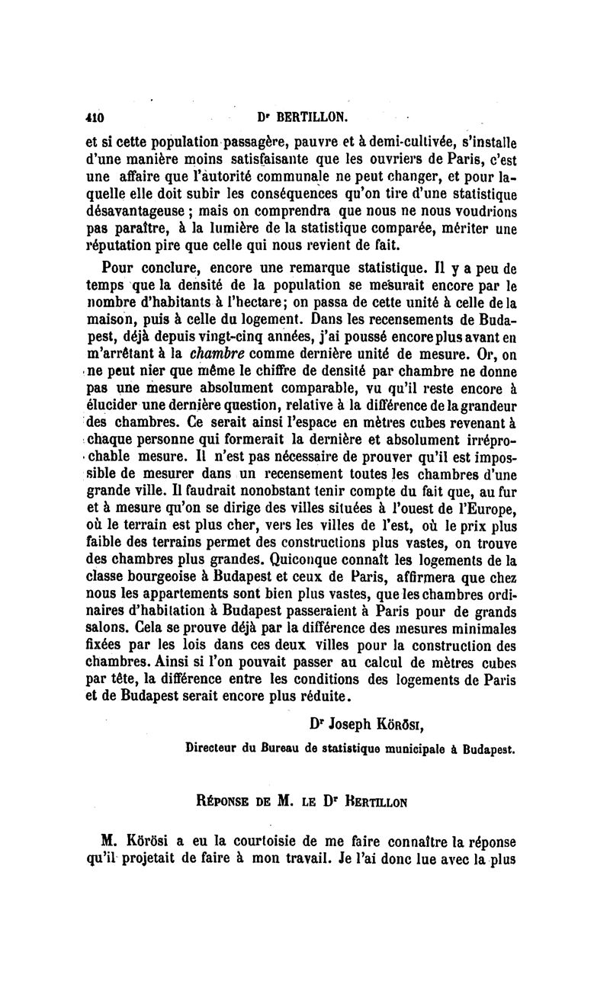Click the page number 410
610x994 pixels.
pyautogui.click(x=95, y=118)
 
